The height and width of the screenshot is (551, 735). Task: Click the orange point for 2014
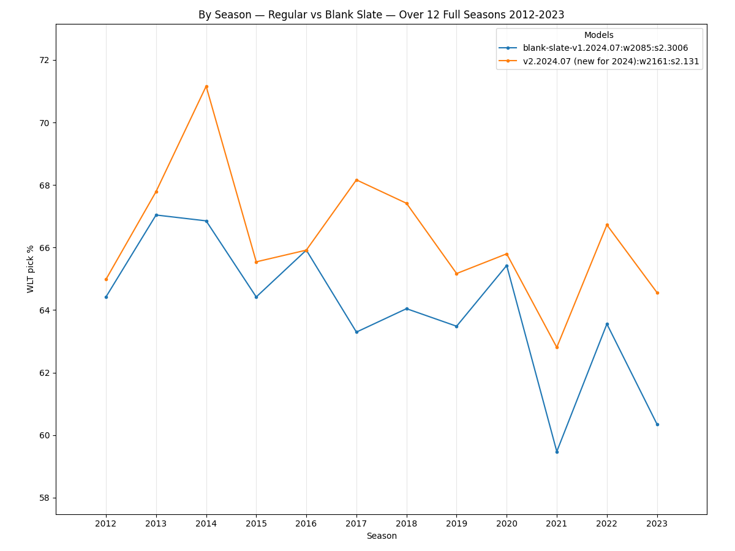pyautogui.click(x=206, y=86)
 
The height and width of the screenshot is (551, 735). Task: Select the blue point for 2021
pyautogui.click(x=557, y=452)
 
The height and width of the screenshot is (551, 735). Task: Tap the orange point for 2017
pyautogui.click(x=356, y=180)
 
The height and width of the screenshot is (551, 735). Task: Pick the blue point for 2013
pyautogui.click(x=156, y=215)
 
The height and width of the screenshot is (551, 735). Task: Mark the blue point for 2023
pyautogui.click(x=657, y=424)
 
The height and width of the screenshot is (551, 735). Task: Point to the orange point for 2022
pyautogui.click(x=607, y=225)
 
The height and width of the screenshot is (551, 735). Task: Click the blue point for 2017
pyautogui.click(x=356, y=332)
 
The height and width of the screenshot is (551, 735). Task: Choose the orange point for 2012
pyautogui.click(x=106, y=279)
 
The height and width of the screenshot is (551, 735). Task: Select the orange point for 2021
pyautogui.click(x=557, y=347)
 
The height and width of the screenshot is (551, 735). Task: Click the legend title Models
pyautogui.click(x=598, y=36)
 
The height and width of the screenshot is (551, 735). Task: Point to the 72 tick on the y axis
pyautogui.click(x=45, y=60)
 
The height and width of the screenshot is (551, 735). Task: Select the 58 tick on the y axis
pyautogui.click(x=45, y=498)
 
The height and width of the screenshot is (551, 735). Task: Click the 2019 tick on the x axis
pyautogui.click(x=456, y=524)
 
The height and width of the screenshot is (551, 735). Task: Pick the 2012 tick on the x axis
pyautogui.click(x=106, y=524)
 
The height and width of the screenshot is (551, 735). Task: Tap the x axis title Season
pyautogui.click(x=382, y=536)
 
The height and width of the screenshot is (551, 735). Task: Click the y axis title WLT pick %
pyautogui.click(x=31, y=269)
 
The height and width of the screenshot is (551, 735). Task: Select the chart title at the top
pyautogui.click(x=381, y=15)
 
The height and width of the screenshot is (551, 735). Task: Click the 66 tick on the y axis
pyautogui.click(x=45, y=248)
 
